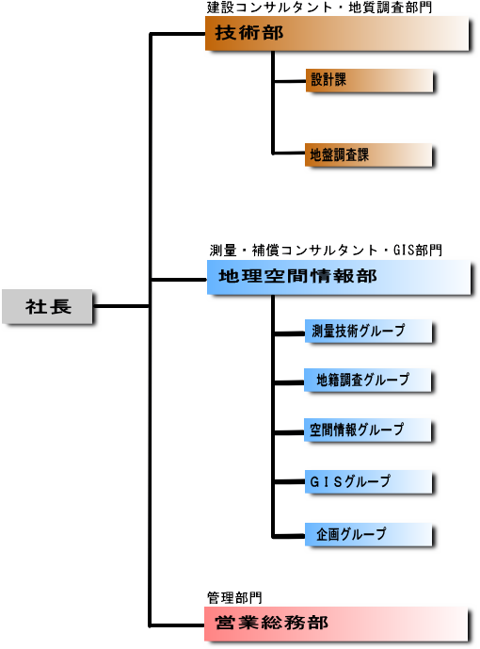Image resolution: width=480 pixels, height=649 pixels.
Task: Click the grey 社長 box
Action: pyautogui.click(x=47, y=306)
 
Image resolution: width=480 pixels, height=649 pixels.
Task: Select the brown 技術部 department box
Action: pyautogui.click(x=337, y=33)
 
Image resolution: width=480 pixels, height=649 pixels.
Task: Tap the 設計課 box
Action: pyautogui.click(x=369, y=80)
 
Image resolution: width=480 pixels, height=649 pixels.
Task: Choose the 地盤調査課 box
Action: pyautogui.click(x=369, y=154)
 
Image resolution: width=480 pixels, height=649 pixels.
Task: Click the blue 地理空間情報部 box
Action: pyautogui.click(x=339, y=277)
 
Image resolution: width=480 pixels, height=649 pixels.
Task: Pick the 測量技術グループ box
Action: pyautogui.click(x=368, y=331)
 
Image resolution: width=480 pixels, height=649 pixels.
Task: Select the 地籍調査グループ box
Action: pyautogui.click(x=368, y=380)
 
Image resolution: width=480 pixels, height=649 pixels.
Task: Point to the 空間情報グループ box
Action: pyautogui.click(x=368, y=430)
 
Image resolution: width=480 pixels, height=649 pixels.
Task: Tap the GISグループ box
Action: pyautogui.click(x=368, y=481)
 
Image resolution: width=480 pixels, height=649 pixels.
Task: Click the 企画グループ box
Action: pyautogui.click(x=368, y=534)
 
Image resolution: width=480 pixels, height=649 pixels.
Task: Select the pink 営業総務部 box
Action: pyautogui.click(x=336, y=624)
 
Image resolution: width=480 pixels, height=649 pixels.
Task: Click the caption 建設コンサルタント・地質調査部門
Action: pyautogui.click(x=319, y=8)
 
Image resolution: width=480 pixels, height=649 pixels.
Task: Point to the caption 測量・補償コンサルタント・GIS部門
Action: pyautogui.click(x=326, y=250)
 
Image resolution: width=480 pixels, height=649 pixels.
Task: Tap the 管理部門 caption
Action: pyautogui.click(x=234, y=598)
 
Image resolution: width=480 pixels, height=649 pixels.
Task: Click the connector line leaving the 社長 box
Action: pyautogui.click(x=121, y=306)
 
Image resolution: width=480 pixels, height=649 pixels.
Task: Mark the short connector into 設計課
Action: pyautogui.click(x=289, y=81)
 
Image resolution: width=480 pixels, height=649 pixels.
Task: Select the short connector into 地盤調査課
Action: pyautogui.click(x=289, y=154)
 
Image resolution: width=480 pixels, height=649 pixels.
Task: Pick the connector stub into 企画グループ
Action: pyautogui.click(x=289, y=536)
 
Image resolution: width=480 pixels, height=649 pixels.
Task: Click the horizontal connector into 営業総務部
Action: pyautogui.click(x=177, y=625)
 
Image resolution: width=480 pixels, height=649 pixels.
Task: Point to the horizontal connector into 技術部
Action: pyautogui.click(x=178, y=34)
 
